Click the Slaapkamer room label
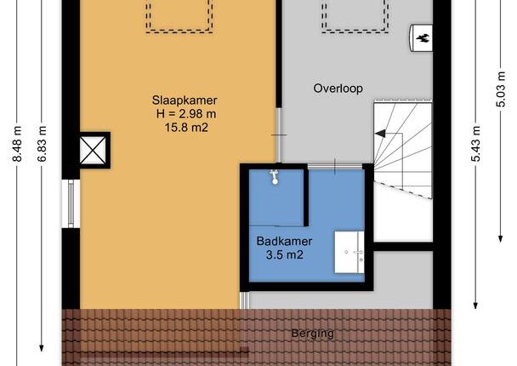pos(185,100)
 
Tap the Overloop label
pos(338,89)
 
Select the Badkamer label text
pos(284,241)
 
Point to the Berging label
pos(313,334)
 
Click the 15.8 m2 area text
pos(186,128)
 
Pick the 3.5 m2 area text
pos(284,254)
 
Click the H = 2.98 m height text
pos(186,114)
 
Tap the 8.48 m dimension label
pos(17,144)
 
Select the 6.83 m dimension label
pos(42,144)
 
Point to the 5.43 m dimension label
pos(475,144)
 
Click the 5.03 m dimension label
pos(501,89)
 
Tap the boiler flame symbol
pos(423,38)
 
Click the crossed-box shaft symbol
pos(93,151)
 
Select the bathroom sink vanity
pos(349,252)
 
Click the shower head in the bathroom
pos(275,177)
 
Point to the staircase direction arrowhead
pos(380,134)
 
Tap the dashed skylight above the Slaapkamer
pos(179,16)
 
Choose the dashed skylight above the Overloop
pos(355,16)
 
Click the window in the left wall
pos(71,203)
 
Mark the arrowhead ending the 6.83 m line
pos(42,348)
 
